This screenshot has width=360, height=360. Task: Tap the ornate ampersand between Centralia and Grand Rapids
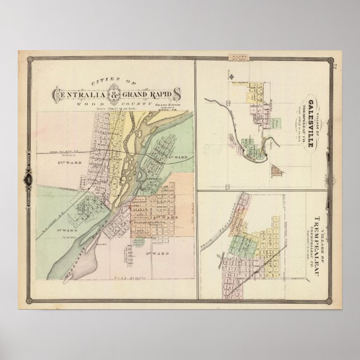(x=115, y=94)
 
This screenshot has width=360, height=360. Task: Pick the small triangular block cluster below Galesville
(x=276, y=170)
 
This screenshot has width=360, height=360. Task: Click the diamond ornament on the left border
(x=27, y=180)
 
